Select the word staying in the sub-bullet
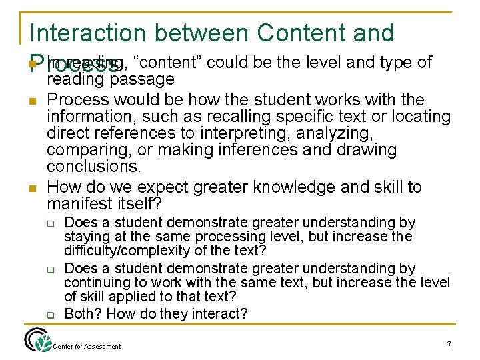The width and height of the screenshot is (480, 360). point(85,237)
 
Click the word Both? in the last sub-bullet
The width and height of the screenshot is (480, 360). point(83,314)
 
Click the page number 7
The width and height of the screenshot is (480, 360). point(449,344)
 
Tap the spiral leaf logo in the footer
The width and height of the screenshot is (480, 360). point(35,340)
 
